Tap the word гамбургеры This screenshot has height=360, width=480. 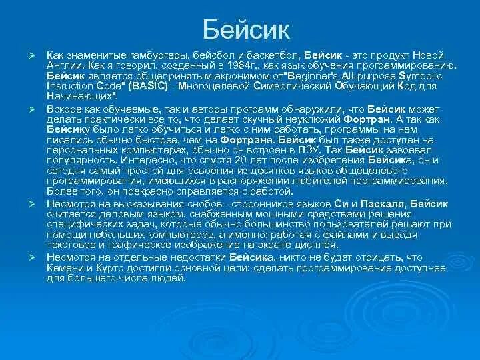point(159,53)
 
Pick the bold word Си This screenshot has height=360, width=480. point(340,203)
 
